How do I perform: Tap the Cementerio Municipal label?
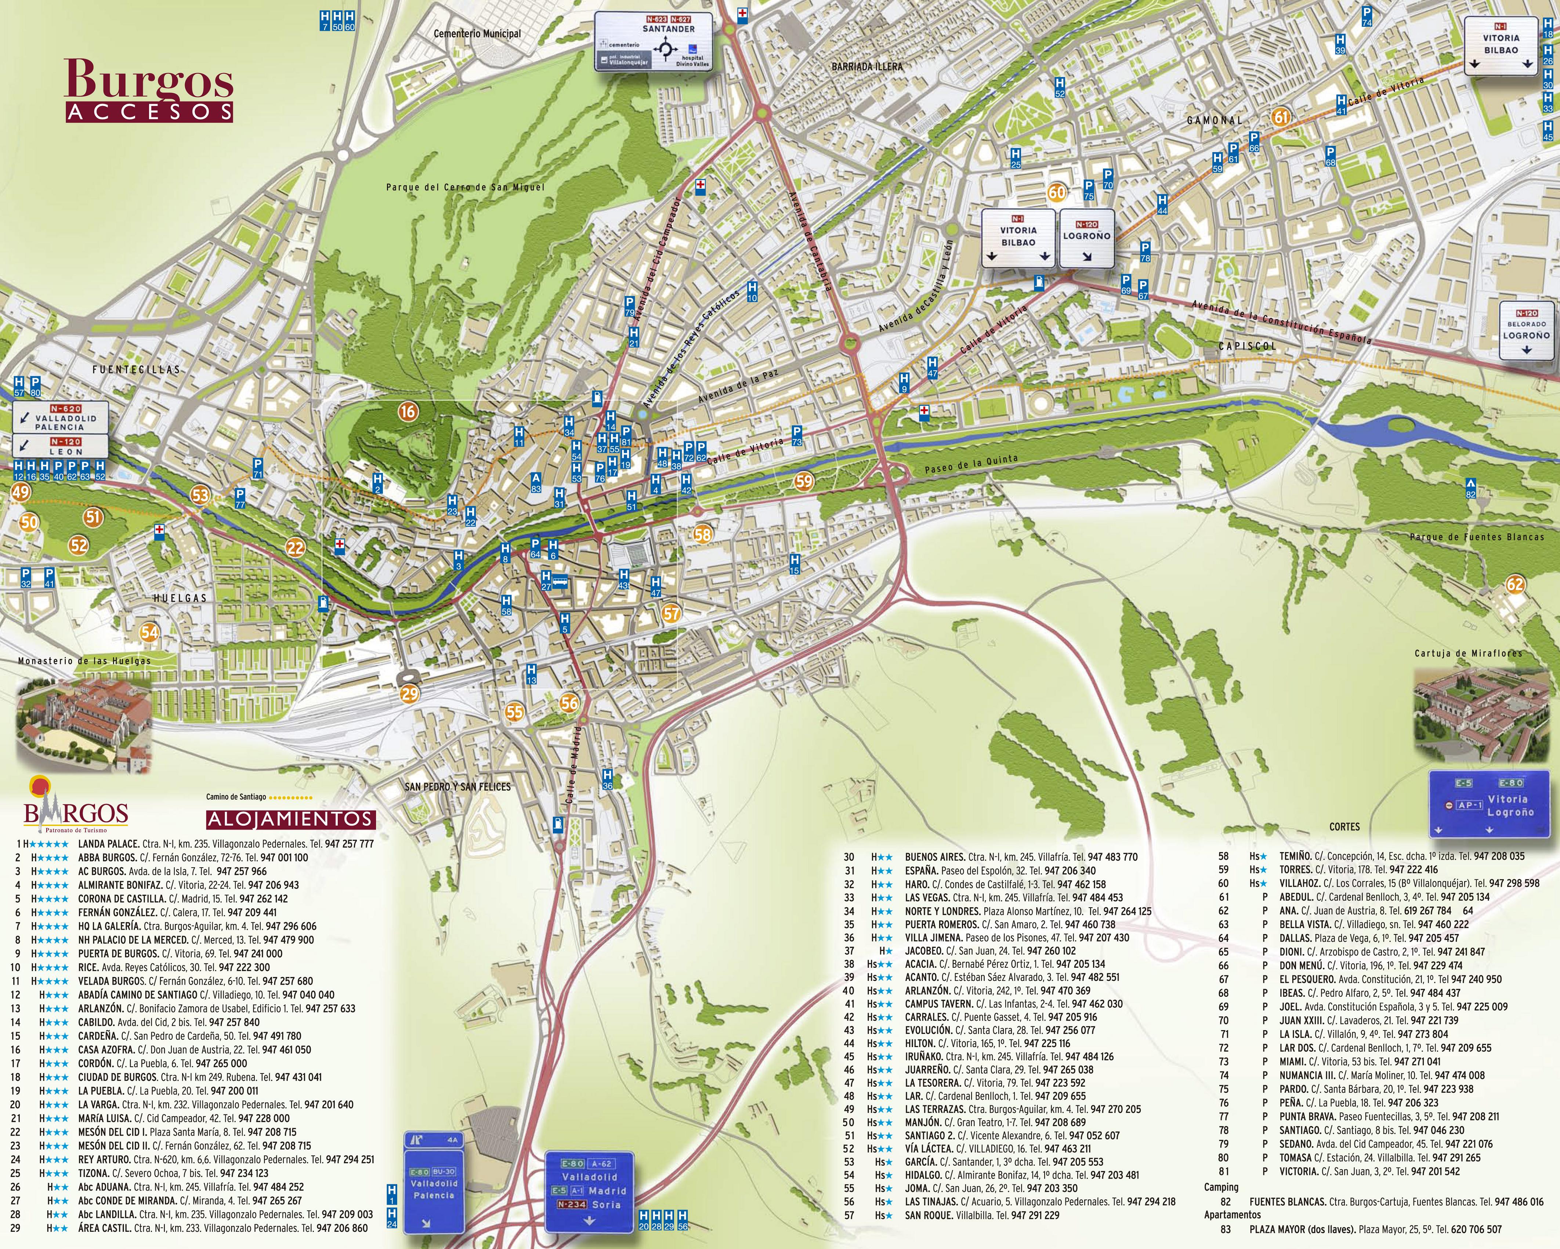click(x=477, y=33)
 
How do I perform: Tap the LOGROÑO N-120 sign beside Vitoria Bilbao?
click(x=1086, y=238)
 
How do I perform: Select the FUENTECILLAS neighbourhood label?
click(x=136, y=369)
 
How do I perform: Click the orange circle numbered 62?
click(x=1514, y=584)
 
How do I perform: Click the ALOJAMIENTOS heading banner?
click(x=291, y=819)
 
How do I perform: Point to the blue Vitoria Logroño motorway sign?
click(x=1489, y=804)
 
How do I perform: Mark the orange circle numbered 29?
click(x=409, y=694)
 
